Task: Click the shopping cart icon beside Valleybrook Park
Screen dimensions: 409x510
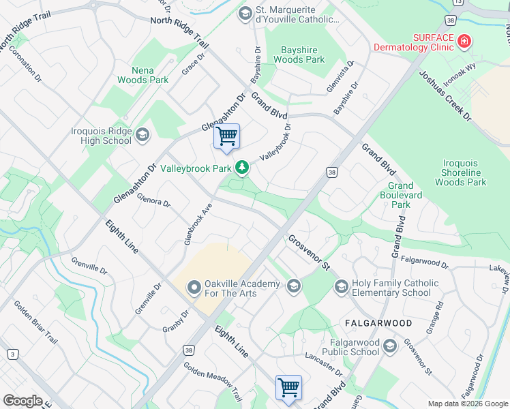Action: coord(226,136)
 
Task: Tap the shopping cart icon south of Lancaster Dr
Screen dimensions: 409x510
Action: coord(288,387)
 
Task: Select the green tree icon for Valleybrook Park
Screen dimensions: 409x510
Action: coord(241,167)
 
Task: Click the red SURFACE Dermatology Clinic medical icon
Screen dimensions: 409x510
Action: coord(464,42)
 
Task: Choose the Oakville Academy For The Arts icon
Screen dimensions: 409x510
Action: coord(194,288)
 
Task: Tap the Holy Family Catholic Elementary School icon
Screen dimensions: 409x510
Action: coord(341,288)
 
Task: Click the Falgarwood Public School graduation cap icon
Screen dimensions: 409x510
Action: coord(389,346)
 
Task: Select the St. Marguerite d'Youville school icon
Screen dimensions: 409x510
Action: coord(245,14)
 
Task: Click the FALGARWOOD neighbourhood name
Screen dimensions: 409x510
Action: coord(377,322)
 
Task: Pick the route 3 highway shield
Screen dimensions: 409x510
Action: coord(12,354)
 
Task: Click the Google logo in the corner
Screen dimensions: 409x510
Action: coord(22,401)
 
